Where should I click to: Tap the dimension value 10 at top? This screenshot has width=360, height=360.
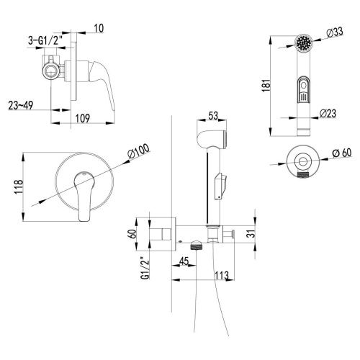(99, 29)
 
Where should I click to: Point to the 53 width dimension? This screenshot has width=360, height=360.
(212, 114)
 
